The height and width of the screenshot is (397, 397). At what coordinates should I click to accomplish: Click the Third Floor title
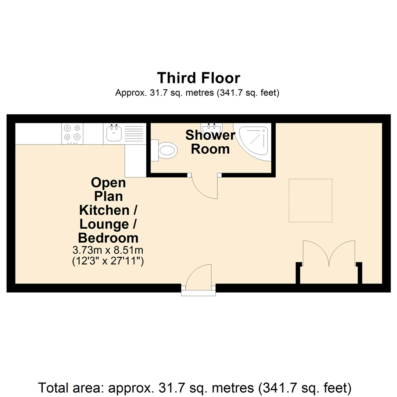(x=198, y=78)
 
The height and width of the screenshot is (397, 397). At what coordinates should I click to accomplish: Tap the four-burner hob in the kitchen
(x=72, y=133)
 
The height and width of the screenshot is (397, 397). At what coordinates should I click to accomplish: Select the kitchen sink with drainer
(x=125, y=133)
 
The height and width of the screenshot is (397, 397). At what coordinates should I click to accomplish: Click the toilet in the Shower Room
(x=165, y=150)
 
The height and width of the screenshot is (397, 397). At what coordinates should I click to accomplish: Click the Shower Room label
(x=210, y=142)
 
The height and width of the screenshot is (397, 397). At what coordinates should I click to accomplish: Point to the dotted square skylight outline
(x=310, y=200)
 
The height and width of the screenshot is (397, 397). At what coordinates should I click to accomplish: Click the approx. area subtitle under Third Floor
(x=198, y=93)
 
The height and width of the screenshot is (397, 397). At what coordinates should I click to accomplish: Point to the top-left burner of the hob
(x=67, y=128)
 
